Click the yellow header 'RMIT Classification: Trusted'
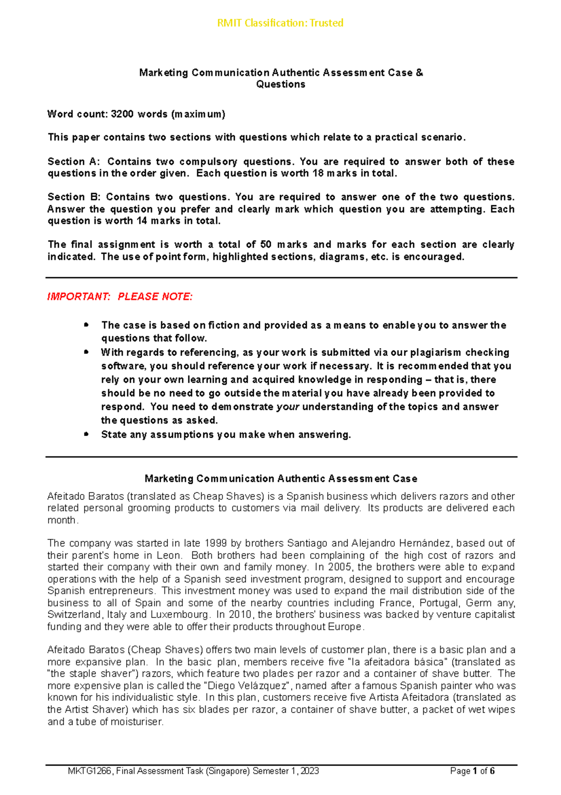[280, 23]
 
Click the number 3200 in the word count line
[122, 114]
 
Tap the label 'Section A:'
[73, 162]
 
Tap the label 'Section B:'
[73, 197]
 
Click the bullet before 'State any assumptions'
[86, 434]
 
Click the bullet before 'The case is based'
[86, 325]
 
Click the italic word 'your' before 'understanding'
[288, 407]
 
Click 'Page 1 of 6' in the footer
[472, 771]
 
